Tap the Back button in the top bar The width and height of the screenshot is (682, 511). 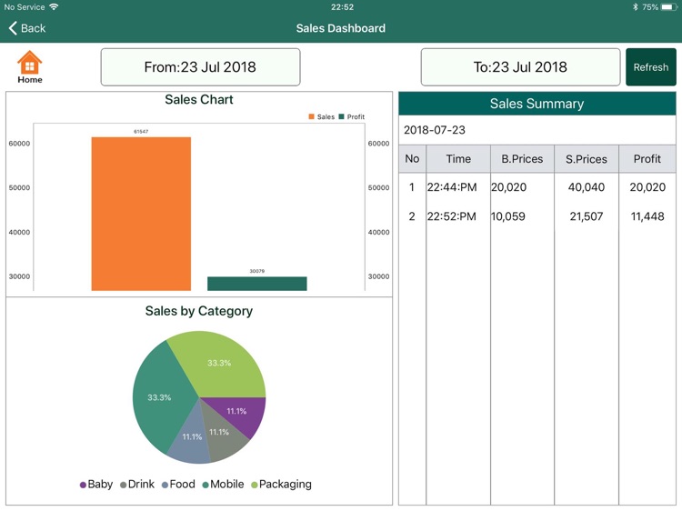click(26, 28)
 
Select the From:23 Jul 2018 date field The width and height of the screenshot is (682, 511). click(200, 67)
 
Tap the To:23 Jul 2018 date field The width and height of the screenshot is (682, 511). click(520, 67)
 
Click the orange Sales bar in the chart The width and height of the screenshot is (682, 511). click(141, 214)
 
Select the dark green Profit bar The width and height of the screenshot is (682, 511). click(256, 284)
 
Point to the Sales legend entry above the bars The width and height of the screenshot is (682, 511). click(322, 117)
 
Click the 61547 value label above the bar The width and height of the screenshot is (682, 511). click(141, 132)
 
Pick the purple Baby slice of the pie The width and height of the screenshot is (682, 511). click(241, 416)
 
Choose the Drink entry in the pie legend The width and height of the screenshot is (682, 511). click(136, 485)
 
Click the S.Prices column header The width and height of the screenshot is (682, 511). click(586, 159)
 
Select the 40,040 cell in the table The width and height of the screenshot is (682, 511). click(586, 187)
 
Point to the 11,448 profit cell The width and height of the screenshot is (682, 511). click(647, 216)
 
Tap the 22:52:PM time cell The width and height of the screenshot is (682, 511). click(451, 216)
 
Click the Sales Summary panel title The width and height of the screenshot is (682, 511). click(537, 104)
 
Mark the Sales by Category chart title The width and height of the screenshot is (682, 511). click(199, 311)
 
